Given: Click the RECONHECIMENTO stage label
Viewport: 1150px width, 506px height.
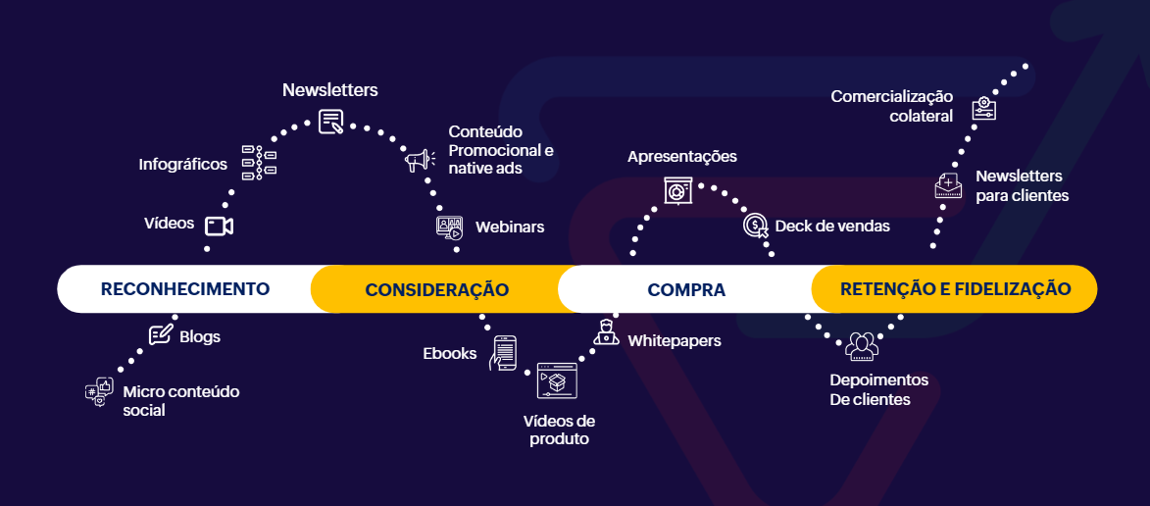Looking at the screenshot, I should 184,289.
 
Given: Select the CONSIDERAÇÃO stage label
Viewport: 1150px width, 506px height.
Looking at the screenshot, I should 436,289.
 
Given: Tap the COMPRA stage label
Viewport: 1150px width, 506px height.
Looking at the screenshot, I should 686,289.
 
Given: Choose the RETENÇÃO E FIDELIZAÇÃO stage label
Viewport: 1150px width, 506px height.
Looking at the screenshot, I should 954,289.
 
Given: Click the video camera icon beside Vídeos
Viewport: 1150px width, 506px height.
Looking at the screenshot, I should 219,227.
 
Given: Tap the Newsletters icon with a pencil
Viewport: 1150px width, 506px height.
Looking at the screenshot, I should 331,122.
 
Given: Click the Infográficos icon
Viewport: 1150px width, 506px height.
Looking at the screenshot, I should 259,163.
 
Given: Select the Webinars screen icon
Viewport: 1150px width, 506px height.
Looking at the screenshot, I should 449,228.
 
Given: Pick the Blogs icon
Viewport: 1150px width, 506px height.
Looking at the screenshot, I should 160,335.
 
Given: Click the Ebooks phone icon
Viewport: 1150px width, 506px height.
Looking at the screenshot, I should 503,353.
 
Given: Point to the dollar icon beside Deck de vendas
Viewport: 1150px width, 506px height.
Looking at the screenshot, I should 756,227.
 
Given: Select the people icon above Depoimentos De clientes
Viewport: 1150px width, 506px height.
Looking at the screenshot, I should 862,346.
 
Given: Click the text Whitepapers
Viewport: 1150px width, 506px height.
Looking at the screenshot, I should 675,341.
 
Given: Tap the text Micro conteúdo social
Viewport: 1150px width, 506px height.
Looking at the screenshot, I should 180,401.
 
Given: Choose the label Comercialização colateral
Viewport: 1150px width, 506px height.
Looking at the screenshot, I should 892,106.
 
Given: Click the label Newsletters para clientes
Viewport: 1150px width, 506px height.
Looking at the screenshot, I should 1021,185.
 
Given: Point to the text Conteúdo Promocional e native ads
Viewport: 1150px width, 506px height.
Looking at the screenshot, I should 501,150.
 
